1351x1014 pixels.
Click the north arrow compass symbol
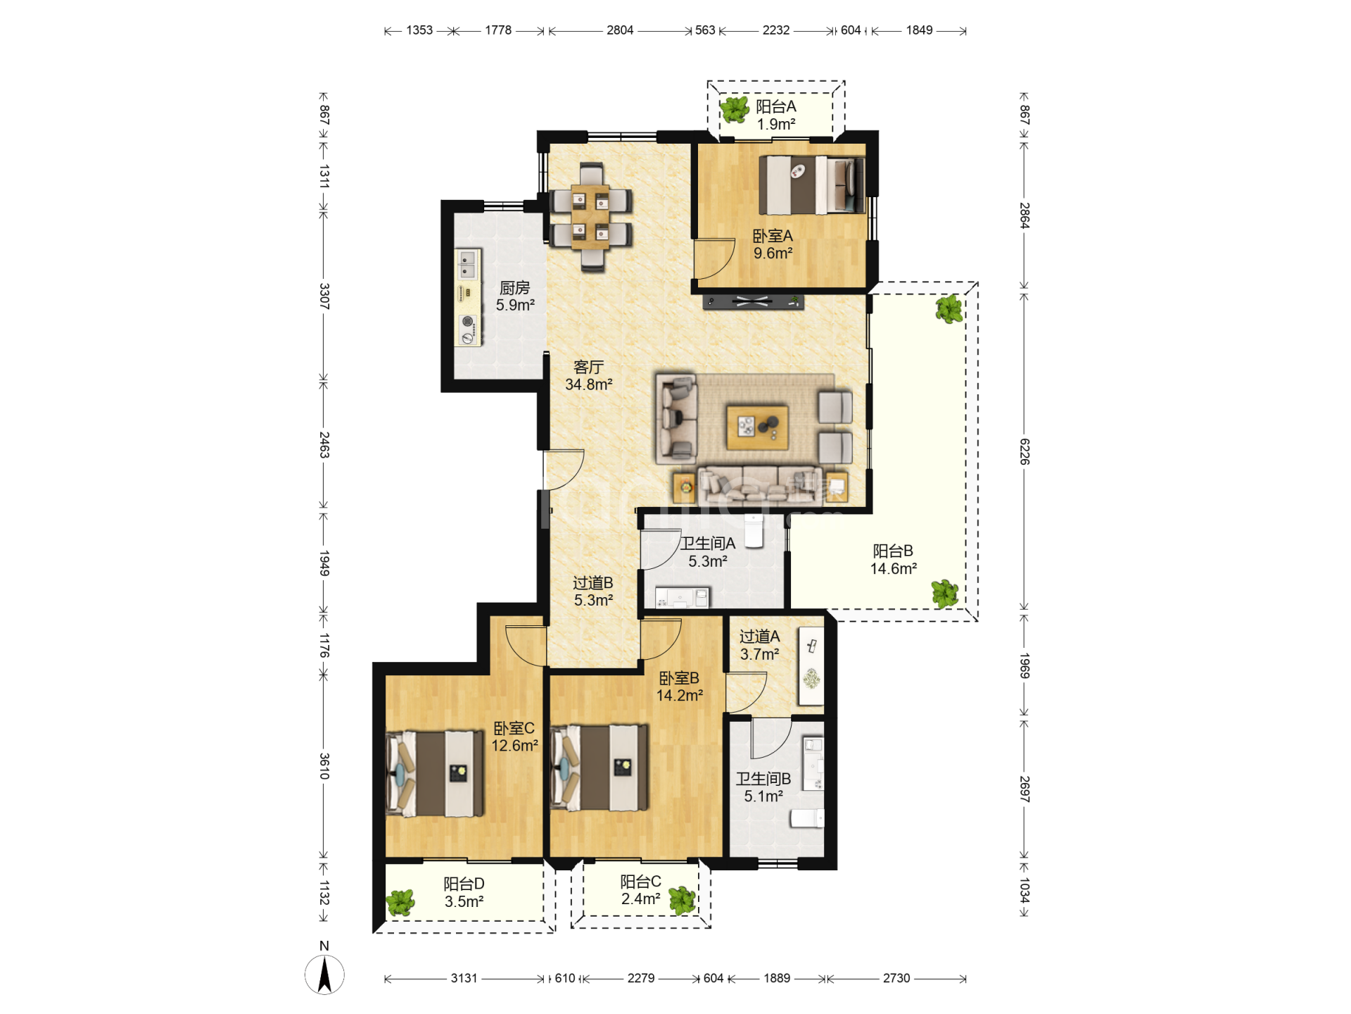tap(324, 975)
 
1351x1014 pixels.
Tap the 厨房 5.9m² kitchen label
tap(515, 296)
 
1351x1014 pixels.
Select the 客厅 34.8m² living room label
tap(589, 376)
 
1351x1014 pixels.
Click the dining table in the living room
tap(591, 217)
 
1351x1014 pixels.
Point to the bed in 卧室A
tap(812, 184)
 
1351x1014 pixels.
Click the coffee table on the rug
tap(757, 427)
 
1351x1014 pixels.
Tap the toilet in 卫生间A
tap(754, 531)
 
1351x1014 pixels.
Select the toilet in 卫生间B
tap(807, 818)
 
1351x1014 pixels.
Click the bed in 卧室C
tap(436, 773)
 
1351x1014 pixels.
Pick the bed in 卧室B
tap(599, 768)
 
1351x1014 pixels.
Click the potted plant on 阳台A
tap(735, 109)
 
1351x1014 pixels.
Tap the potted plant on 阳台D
tap(400, 903)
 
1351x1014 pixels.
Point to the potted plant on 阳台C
tap(682, 899)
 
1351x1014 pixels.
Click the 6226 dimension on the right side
tap(1025, 451)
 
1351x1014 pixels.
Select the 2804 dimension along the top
tap(620, 30)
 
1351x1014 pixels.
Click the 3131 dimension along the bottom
tap(464, 978)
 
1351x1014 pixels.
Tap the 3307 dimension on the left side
tap(324, 296)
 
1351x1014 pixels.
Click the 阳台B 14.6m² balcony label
tap(894, 560)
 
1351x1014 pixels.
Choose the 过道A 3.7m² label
tap(760, 645)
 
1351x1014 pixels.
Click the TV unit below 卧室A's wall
tap(753, 302)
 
